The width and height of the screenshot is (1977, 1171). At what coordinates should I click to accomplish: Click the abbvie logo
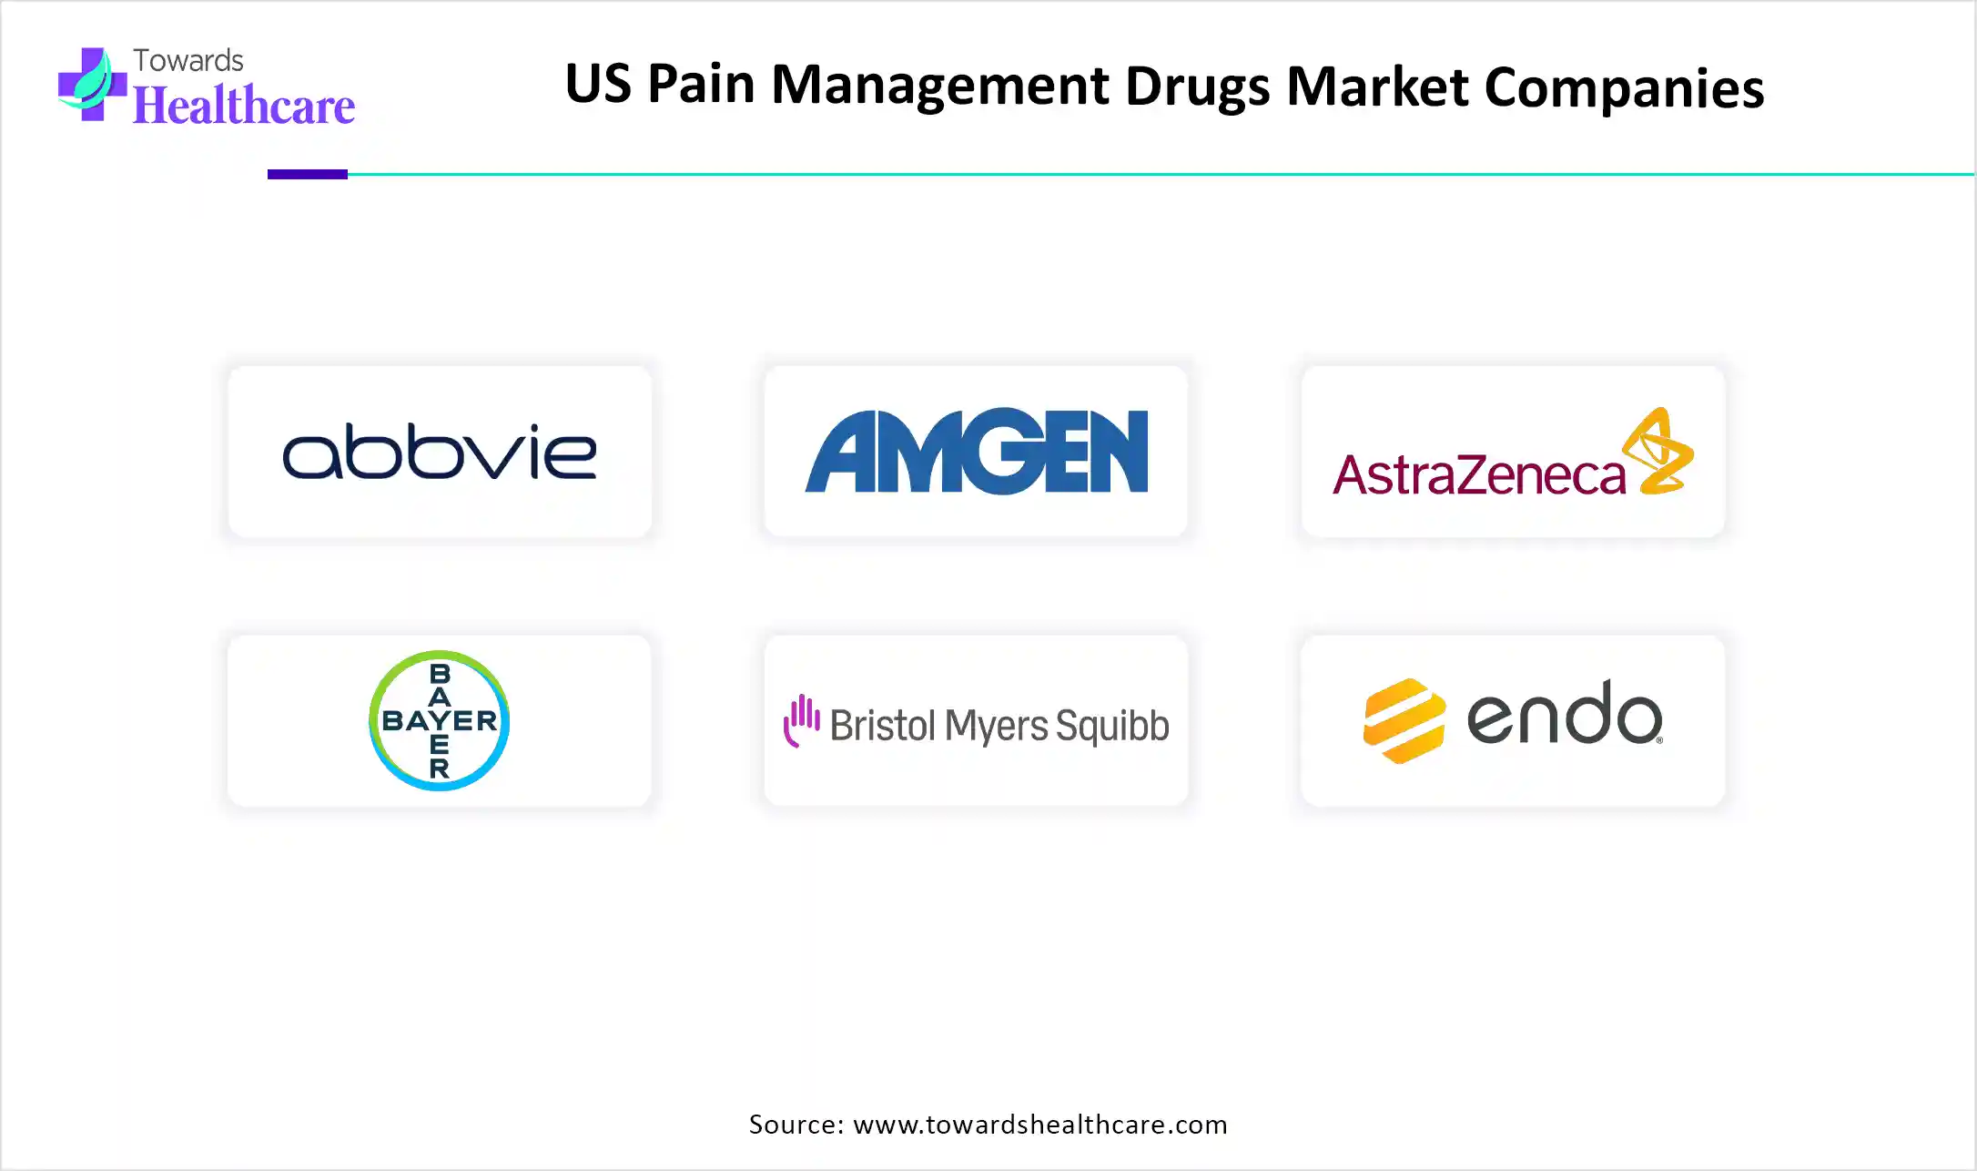(440, 451)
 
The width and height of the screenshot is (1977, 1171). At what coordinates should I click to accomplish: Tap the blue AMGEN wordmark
(977, 451)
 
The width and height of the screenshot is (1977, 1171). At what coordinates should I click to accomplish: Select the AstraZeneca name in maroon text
(1479, 474)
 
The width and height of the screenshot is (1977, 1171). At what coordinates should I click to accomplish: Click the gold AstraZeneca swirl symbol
(1658, 451)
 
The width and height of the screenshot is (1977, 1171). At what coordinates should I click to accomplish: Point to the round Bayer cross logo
(440, 720)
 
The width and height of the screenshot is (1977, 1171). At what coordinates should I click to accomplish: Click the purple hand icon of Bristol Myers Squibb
(802, 720)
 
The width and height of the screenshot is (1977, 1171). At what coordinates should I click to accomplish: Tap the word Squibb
(1112, 727)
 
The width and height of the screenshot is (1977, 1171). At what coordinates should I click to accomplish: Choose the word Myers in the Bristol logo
(997, 727)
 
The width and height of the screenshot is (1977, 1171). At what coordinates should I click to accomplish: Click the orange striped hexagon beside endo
(1404, 720)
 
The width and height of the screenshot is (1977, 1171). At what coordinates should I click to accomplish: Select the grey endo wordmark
(1565, 713)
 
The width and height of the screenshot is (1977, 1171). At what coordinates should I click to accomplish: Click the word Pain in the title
(701, 85)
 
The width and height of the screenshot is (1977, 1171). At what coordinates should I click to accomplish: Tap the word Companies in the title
(1625, 88)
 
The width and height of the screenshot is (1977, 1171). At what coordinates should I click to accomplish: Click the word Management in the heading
(940, 87)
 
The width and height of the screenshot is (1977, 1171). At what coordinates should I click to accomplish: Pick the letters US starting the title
(598, 85)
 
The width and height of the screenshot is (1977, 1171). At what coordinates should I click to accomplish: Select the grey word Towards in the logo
(188, 60)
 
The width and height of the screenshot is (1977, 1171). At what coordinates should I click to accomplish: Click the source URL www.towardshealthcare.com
(1040, 1125)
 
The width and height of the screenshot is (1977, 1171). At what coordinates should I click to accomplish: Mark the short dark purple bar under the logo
(308, 174)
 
